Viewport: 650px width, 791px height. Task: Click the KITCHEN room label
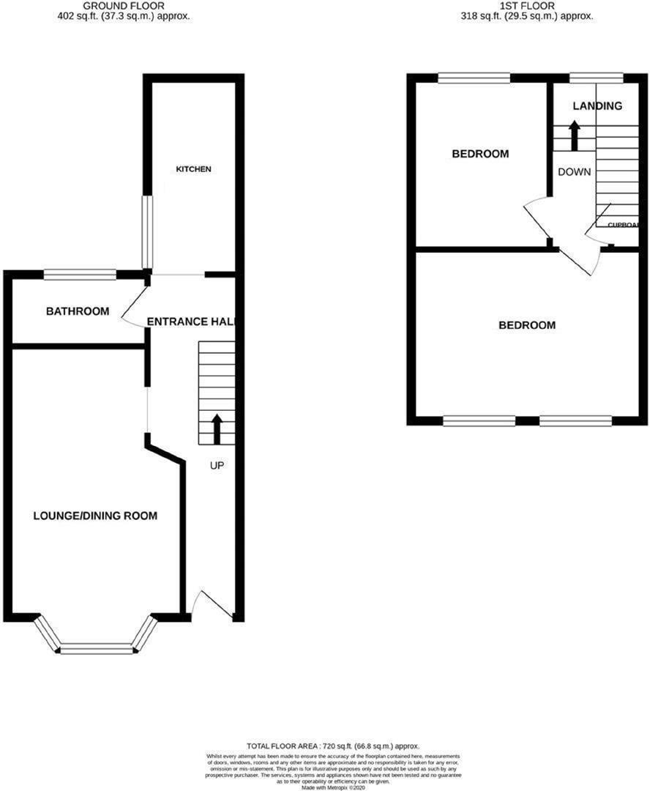tap(193, 169)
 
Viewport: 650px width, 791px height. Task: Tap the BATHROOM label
tap(78, 311)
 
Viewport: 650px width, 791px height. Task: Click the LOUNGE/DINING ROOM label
tap(95, 516)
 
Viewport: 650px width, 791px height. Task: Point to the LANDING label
tap(597, 106)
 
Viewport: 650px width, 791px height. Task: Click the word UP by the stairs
tap(217, 465)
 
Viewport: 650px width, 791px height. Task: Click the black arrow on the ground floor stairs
tap(217, 429)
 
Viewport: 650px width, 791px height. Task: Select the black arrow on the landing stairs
tap(575, 135)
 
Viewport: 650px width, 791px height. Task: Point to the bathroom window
tap(80, 275)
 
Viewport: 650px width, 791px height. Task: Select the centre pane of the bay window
tap(97, 648)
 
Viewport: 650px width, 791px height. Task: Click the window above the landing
tap(597, 77)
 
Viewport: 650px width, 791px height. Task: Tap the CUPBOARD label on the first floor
tap(622, 226)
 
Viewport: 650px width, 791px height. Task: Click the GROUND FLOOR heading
tap(124, 5)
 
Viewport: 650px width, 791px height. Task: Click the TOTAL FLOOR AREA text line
tap(322, 746)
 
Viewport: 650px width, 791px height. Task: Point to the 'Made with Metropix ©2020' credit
tap(322, 787)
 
